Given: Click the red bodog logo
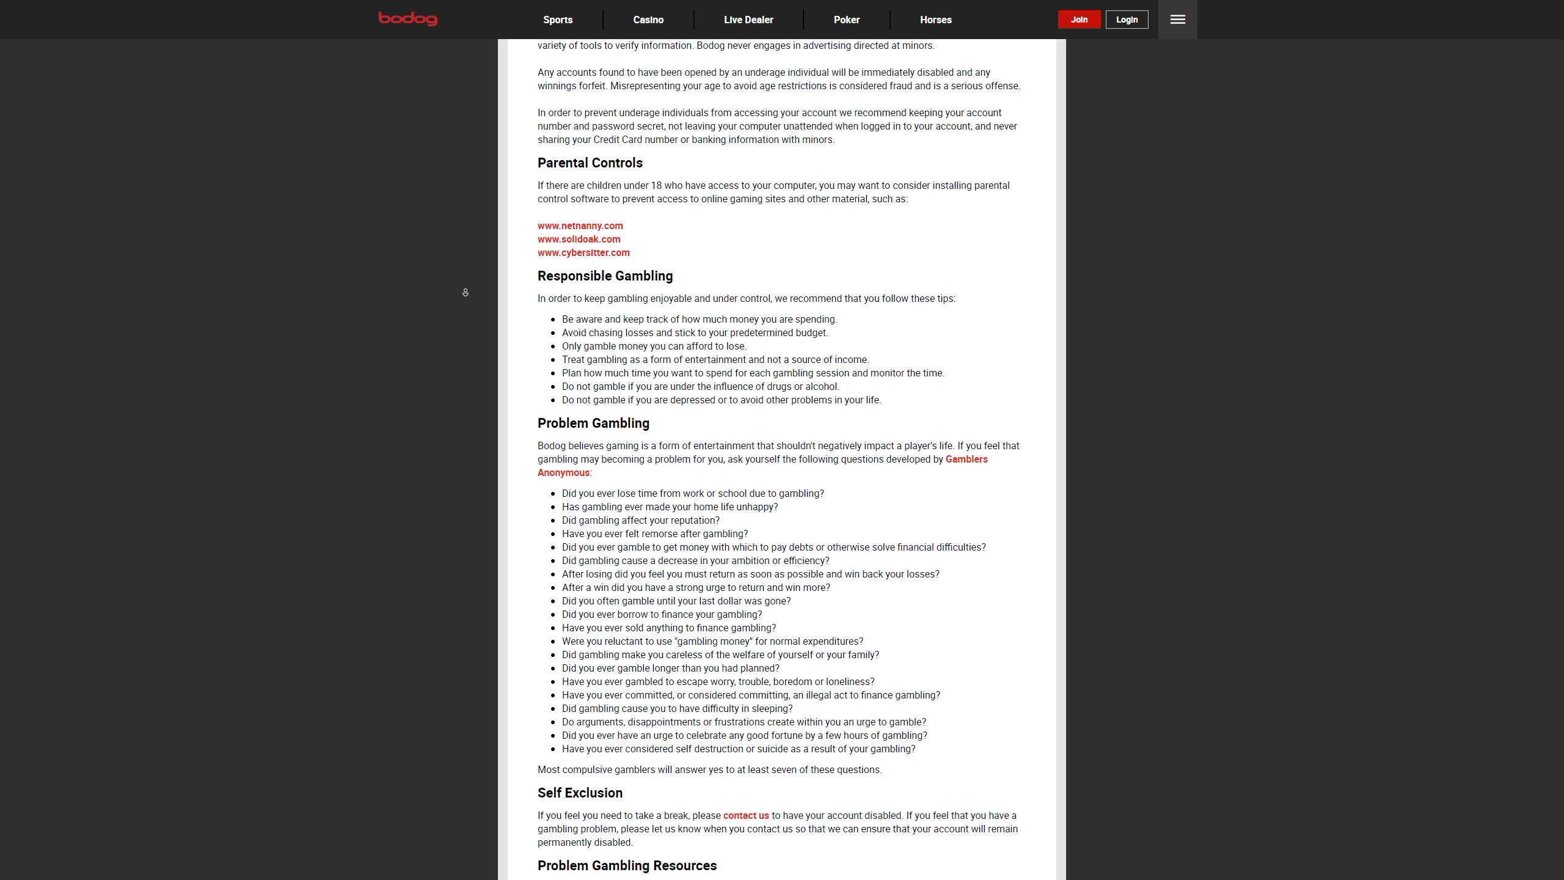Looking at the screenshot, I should [x=407, y=19].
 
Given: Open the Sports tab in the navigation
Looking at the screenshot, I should [x=558, y=20].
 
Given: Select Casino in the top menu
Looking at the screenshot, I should [x=648, y=20].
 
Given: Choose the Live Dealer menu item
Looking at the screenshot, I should [x=748, y=20].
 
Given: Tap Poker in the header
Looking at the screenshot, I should [x=846, y=20].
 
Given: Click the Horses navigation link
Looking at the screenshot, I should [x=935, y=20].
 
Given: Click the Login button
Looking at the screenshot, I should [x=1127, y=20].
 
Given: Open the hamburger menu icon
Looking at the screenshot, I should [x=1177, y=20].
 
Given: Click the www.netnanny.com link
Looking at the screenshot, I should [x=580, y=226].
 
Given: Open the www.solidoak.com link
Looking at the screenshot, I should [x=579, y=240].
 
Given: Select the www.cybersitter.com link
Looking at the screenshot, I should [x=583, y=253].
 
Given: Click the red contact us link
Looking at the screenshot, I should [x=746, y=816].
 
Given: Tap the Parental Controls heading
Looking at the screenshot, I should [x=590, y=163].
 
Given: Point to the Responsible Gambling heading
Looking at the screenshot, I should [x=605, y=276].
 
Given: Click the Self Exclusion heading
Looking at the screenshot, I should [x=580, y=793].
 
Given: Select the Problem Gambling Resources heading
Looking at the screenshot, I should [x=627, y=866].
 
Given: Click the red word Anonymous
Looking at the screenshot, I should [x=563, y=473].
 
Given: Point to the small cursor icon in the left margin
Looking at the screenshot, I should [x=466, y=293].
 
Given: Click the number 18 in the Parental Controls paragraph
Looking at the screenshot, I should [x=656, y=186].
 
